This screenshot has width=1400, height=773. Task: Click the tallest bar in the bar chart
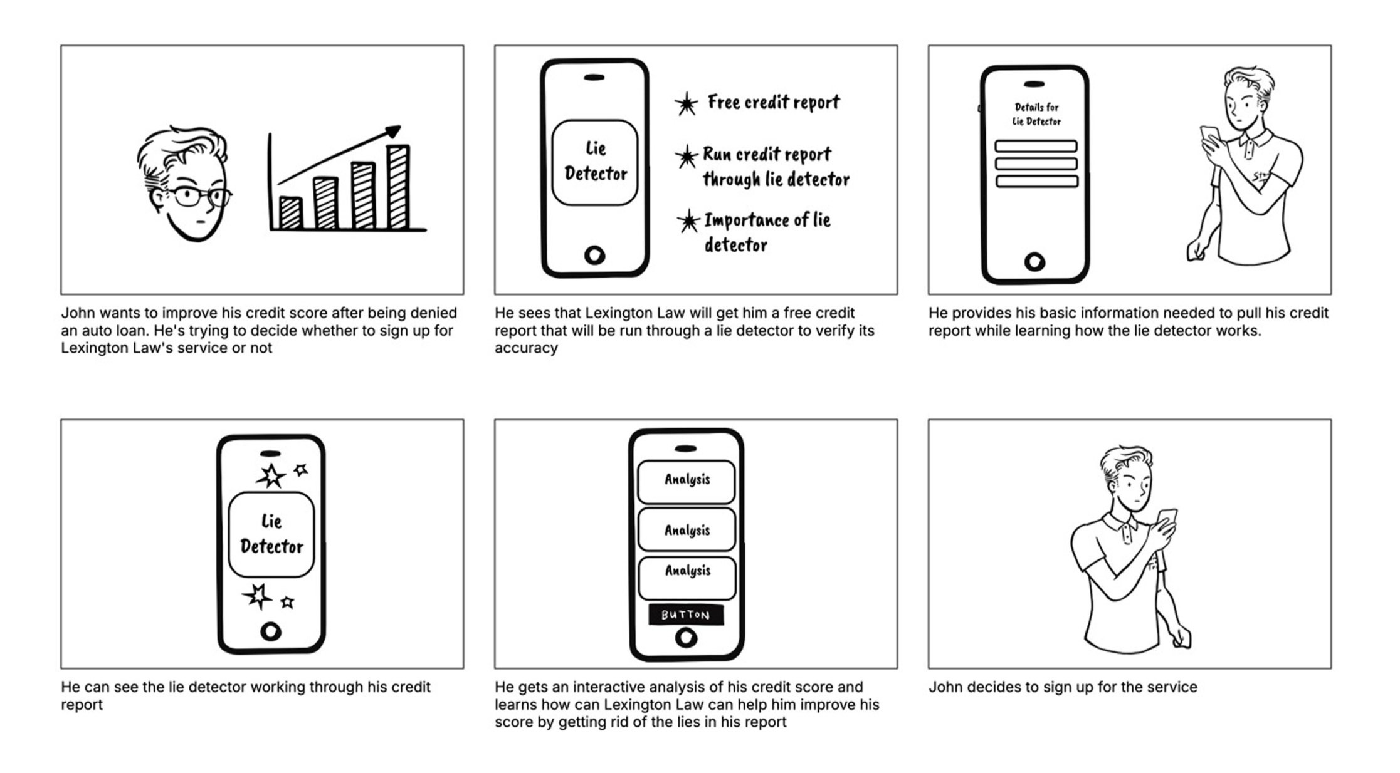399,187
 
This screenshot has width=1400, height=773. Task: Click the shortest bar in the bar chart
290,213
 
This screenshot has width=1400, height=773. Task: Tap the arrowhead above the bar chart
392,132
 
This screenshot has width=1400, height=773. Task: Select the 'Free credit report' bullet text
774,102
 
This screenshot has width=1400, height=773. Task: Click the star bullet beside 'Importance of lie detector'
688,222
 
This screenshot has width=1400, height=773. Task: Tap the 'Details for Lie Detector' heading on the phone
1036,114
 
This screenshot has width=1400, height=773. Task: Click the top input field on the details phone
1036,146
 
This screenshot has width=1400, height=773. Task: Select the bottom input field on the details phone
1036,181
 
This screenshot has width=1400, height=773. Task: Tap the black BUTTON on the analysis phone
686,615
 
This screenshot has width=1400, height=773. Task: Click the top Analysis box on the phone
686,481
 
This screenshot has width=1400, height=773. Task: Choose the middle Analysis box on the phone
687,530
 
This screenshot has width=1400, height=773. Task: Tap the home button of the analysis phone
686,638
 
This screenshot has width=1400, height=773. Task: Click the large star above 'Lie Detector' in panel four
271,476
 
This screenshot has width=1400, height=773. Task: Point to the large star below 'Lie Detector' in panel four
257,596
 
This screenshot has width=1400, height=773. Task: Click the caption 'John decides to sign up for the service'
1063,687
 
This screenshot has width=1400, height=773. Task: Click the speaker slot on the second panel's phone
594,78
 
